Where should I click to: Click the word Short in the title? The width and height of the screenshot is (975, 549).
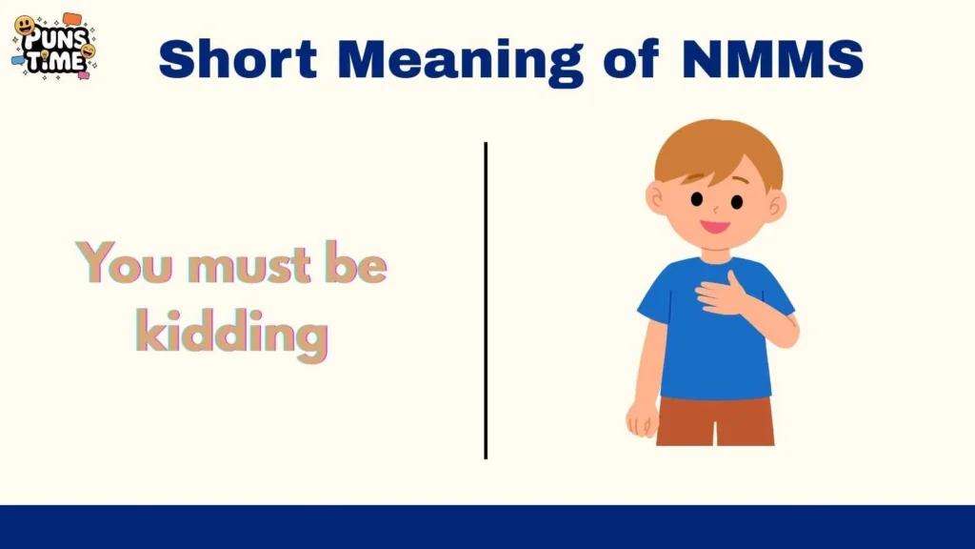[239, 59]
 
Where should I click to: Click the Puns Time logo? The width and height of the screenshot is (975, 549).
[54, 46]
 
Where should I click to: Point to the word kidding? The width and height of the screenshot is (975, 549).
[231, 334]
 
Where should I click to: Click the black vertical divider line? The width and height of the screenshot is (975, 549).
[486, 300]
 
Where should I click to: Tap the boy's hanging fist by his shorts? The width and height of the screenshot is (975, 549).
[642, 417]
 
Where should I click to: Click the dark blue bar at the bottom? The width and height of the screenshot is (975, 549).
[487, 526]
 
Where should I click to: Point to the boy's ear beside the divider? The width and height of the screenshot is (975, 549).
[656, 197]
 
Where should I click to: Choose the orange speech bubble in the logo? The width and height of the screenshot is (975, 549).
[72, 18]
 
